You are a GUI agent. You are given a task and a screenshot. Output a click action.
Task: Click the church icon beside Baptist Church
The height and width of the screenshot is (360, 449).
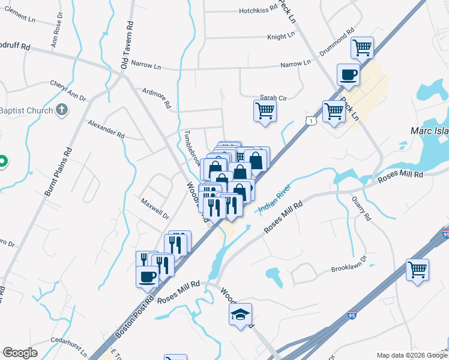click(x=61, y=110)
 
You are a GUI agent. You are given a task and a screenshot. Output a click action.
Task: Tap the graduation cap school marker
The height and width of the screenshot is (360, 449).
click(x=240, y=314)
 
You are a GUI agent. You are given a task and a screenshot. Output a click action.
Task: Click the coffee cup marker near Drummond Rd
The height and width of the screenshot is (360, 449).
click(x=349, y=76)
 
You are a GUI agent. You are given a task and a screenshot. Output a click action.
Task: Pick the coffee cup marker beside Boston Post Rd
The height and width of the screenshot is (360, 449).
click(x=148, y=277)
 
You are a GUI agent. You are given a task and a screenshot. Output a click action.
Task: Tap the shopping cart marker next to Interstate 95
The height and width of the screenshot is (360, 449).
click(x=418, y=269)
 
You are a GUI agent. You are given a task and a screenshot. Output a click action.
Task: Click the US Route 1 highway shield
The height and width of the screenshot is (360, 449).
click(x=310, y=121)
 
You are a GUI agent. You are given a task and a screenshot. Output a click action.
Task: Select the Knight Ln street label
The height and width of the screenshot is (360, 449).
click(x=281, y=37)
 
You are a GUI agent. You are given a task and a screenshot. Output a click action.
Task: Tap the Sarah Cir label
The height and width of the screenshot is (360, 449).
click(x=274, y=97)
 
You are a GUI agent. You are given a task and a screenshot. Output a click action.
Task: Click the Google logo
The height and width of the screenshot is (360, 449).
click(x=20, y=353)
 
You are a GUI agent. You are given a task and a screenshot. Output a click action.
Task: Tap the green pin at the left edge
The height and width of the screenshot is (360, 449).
click(x=2, y=161)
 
